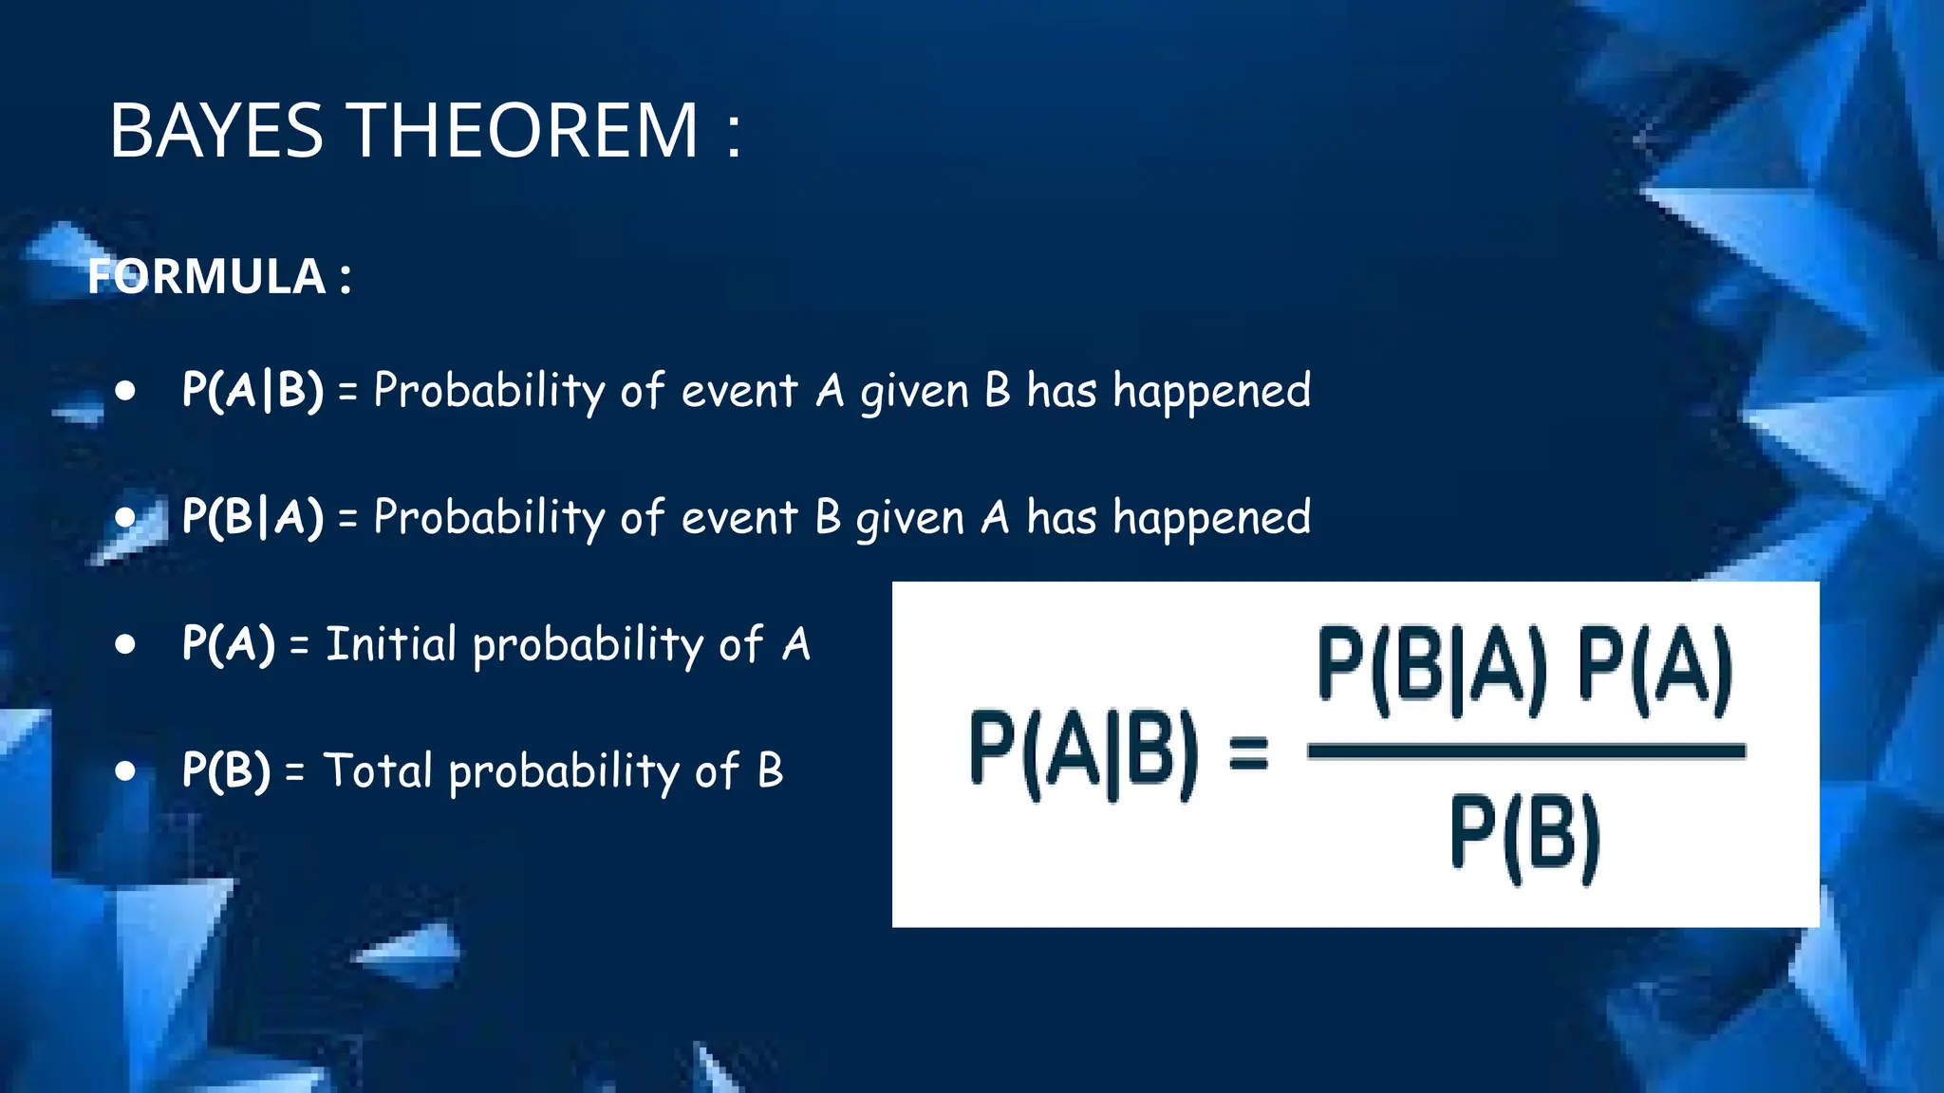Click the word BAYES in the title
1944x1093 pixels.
pos(216,131)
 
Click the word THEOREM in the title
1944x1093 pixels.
pos(525,131)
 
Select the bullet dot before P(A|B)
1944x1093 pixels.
pos(125,390)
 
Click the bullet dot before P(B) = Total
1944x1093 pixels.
pos(125,770)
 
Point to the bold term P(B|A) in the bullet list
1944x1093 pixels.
pos(252,517)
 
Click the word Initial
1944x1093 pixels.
pos(391,644)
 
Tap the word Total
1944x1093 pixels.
pos(378,770)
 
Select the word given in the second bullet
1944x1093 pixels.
pos(909,520)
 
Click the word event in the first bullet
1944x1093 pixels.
pos(738,391)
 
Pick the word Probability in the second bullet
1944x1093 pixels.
pos(490,518)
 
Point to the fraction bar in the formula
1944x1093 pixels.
pos(1525,751)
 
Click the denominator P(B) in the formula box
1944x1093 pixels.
pos(1525,837)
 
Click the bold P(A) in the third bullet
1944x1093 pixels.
pos(228,644)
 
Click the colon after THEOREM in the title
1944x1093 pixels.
pos(733,133)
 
